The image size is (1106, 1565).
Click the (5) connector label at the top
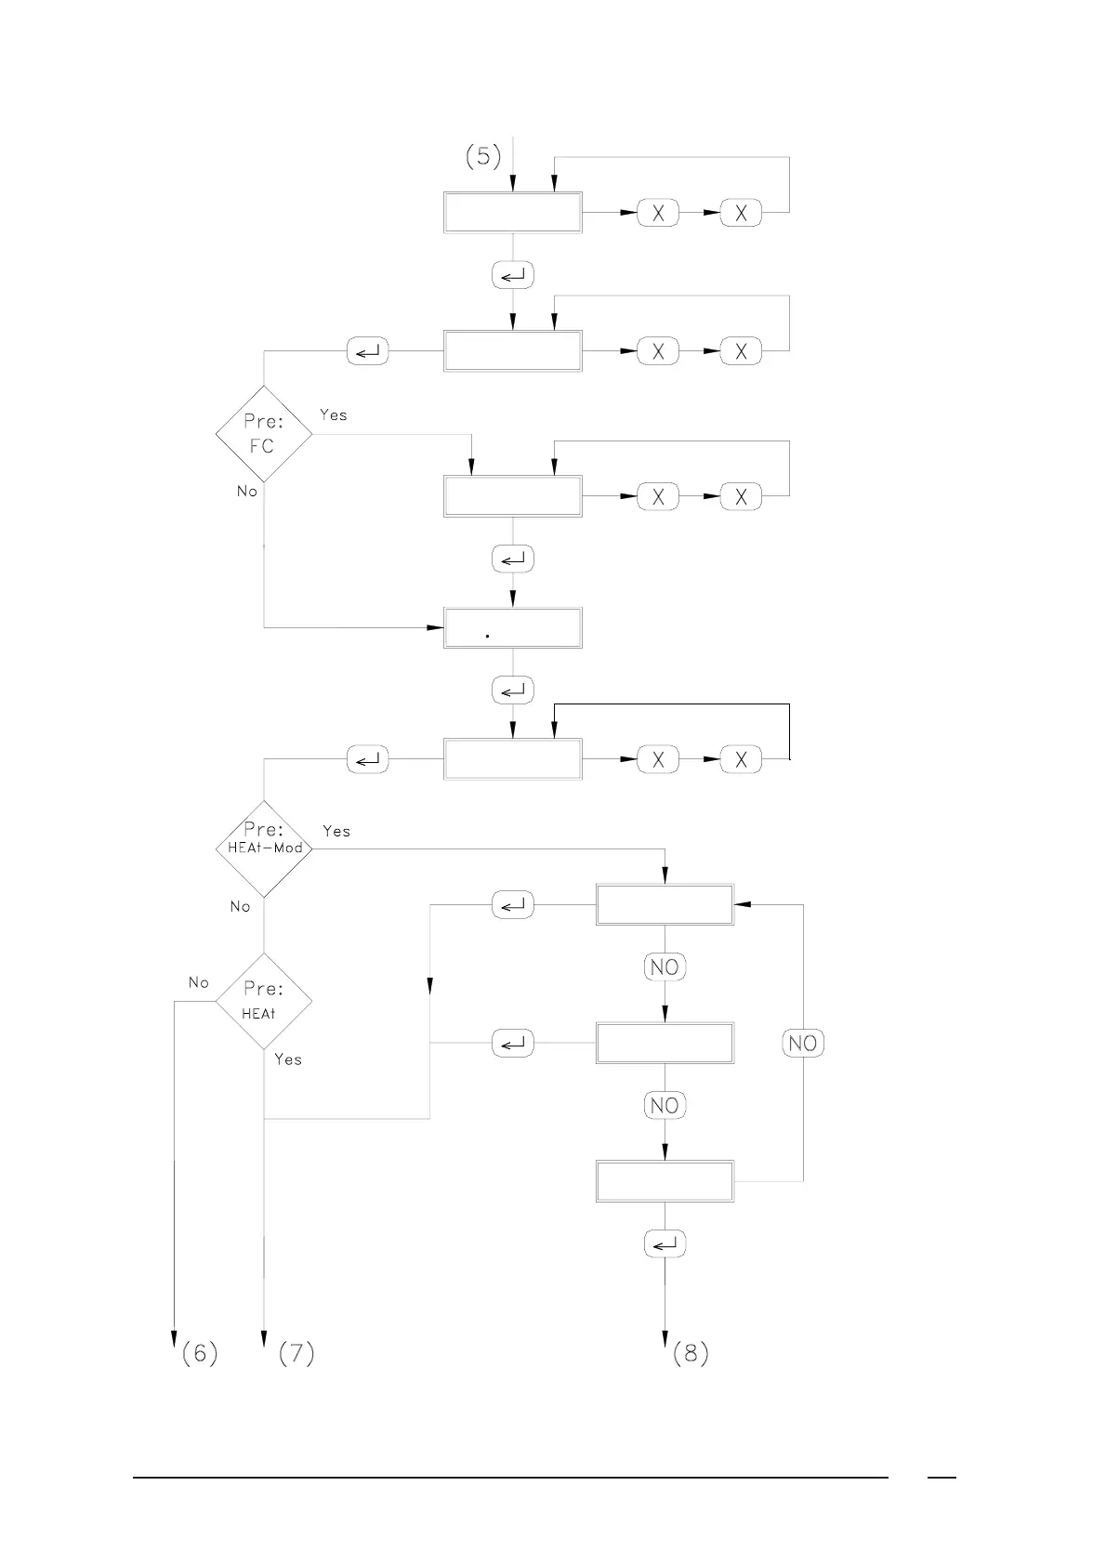[483, 156]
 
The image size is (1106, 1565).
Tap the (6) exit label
[200, 1353]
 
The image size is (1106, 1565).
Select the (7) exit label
[296, 1353]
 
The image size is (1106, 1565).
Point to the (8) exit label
[691, 1353]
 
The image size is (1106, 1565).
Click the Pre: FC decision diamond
[263, 434]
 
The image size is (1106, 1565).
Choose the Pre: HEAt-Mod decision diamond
[264, 848]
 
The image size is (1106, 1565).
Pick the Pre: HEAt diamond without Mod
[263, 1001]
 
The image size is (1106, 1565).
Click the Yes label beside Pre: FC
[334, 414]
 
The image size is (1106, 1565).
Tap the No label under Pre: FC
[246, 491]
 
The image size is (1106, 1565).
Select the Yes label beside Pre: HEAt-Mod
[336, 831]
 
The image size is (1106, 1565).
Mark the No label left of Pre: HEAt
[199, 982]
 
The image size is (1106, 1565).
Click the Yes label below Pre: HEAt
[288, 1059]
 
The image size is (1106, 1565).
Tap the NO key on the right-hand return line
[802, 1043]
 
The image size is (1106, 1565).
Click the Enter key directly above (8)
[665, 1243]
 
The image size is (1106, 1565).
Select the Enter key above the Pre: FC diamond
[367, 351]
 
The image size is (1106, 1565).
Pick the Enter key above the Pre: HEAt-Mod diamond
[367, 760]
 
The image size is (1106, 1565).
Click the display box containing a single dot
[513, 627]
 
